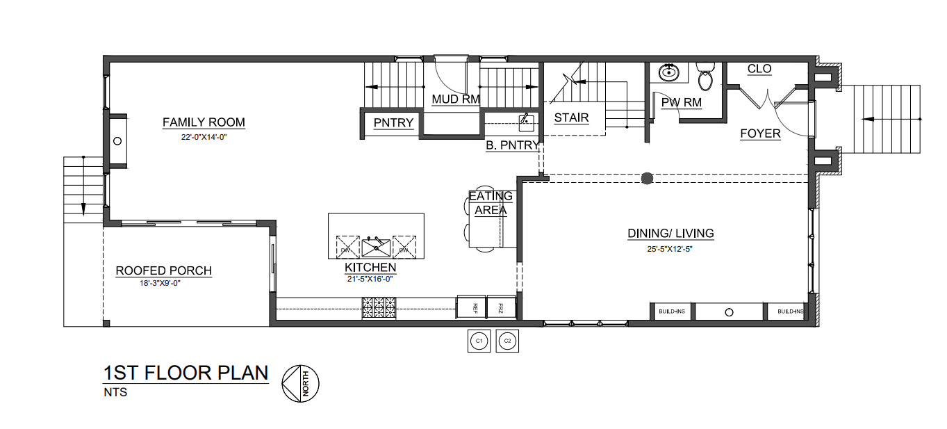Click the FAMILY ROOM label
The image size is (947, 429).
tap(204, 122)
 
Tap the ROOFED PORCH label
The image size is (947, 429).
tap(163, 270)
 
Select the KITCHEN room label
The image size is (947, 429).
tap(370, 267)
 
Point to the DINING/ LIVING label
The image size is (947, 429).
tap(670, 234)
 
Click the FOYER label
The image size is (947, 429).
tap(760, 133)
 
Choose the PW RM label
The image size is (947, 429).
tap(681, 103)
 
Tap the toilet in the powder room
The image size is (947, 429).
tap(705, 77)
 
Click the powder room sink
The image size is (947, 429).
tap(669, 71)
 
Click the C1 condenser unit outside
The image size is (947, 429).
tap(477, 341)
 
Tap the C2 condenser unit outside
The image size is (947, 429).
tap(507, 341)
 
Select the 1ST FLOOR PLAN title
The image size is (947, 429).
tap(186, 373)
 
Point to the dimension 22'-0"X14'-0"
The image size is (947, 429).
tap(204, 138)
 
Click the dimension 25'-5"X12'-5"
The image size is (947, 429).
tap(670, 249)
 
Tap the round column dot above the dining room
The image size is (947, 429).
tap(647, 179)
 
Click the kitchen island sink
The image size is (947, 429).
tap(376, 246)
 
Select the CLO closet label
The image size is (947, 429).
tap(759, 69)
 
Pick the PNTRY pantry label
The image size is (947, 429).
tap(393, 123)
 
